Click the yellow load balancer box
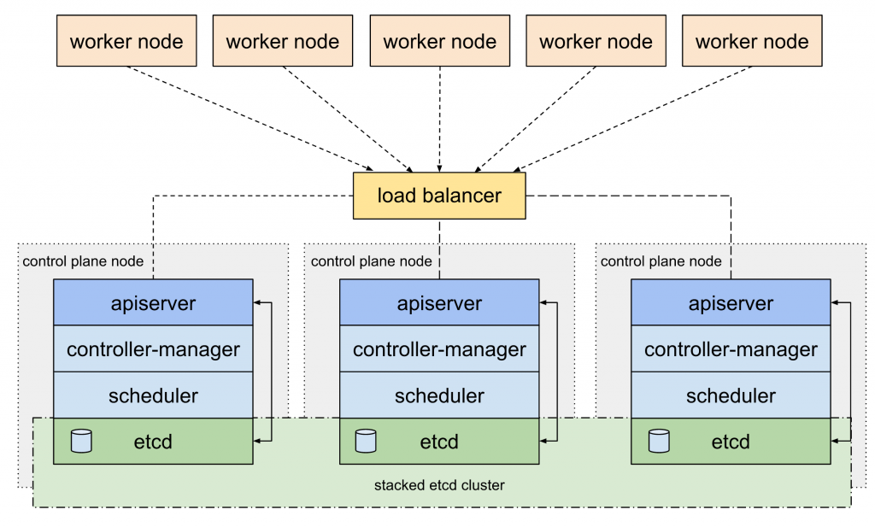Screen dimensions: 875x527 click(x=439, y=196)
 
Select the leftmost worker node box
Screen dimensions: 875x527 click(x=126, y=41)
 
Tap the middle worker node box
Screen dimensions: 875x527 click(x=440, y=41)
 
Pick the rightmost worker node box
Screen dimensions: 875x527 click(x=752, y=41)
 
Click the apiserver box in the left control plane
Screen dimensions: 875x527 click(x=153, y=302)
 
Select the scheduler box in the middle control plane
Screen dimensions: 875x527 click(x=439, y=395)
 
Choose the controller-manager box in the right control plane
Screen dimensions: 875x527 click(x=731, y=348)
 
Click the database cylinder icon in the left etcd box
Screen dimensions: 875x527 click(x=81, y=441)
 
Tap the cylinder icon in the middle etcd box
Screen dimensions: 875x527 click(x=366, y=441)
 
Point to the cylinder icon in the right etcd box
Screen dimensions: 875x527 click(x=659, y=441)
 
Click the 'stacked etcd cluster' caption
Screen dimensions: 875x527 click(x=439, y=485)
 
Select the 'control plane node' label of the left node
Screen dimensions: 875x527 click(x=83, y=261)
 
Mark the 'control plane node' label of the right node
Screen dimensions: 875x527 click(x=661, y=261)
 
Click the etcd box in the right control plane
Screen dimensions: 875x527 click(x=731, y=441)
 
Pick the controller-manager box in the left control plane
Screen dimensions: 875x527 click(x=153, y=348)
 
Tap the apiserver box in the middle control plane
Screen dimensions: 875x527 click(x=439, y=302)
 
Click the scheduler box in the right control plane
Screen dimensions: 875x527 click(x=731, y=395)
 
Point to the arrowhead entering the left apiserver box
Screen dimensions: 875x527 click(x=257, y=303)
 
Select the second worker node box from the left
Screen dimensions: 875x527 click(x=283, y=41)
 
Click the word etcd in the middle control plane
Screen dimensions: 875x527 click(x=439, y=442)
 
